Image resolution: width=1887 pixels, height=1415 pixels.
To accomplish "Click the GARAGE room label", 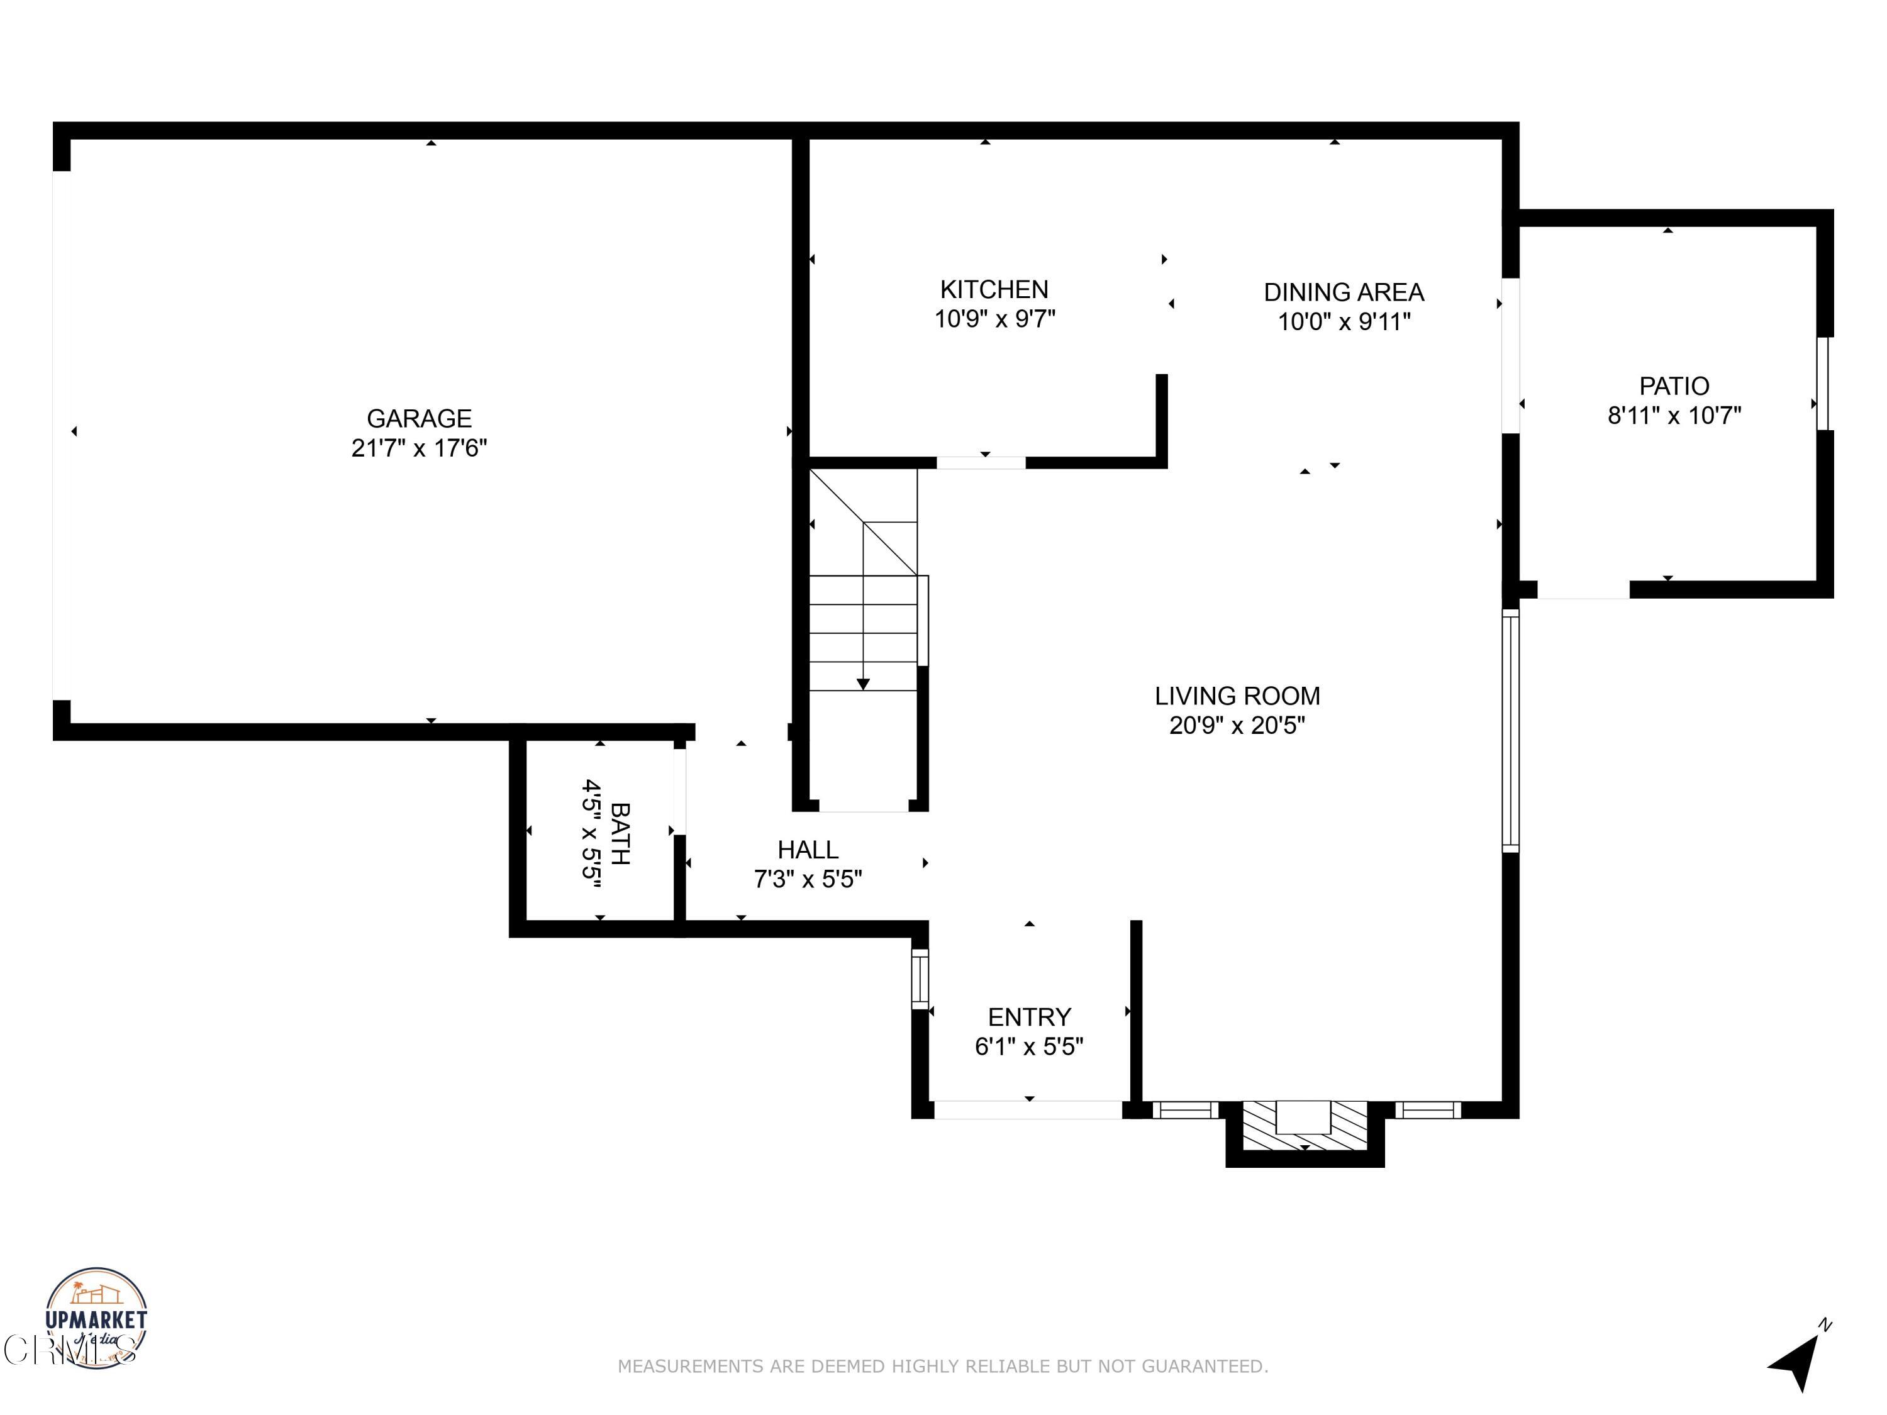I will click(419, 418).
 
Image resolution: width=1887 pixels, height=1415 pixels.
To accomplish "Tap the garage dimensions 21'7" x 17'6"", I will click(419, 448).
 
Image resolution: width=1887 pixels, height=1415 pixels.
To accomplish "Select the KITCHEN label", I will click(994, 289).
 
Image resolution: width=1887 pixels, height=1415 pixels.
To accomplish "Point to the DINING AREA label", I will click(1344, 292).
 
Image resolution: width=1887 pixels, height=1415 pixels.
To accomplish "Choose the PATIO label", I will click(1674, 386).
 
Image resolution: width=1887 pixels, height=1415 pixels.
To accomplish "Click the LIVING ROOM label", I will click(1237, 696).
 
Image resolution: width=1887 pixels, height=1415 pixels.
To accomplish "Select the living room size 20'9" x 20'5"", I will click(1237, 726).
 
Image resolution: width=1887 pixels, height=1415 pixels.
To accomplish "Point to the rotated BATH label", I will click(620, 833).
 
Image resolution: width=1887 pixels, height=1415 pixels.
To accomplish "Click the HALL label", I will click(807, 850).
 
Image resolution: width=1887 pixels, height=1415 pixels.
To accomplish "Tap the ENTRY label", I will click(1029, 1017).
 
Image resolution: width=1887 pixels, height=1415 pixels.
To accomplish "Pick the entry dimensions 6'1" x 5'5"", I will click(1029, 1046).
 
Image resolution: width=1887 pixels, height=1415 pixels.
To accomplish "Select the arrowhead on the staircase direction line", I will click(864, 684).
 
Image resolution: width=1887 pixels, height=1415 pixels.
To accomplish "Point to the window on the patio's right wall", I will click(1824, 384).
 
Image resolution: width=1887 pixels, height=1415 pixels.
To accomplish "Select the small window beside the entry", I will click(920, 979).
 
